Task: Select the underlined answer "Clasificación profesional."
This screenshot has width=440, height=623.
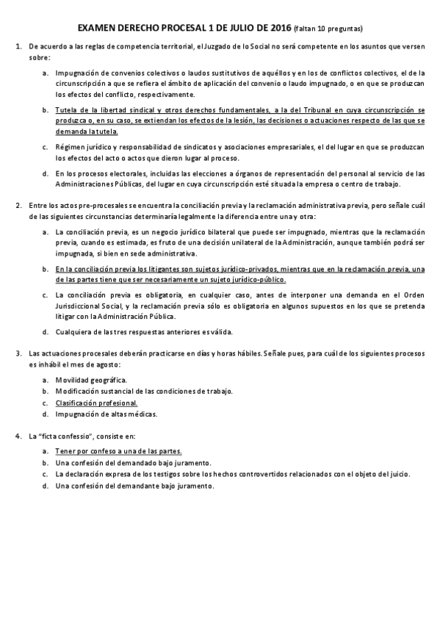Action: coord(96,403)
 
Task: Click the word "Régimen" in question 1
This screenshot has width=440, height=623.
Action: coord(70,147)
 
